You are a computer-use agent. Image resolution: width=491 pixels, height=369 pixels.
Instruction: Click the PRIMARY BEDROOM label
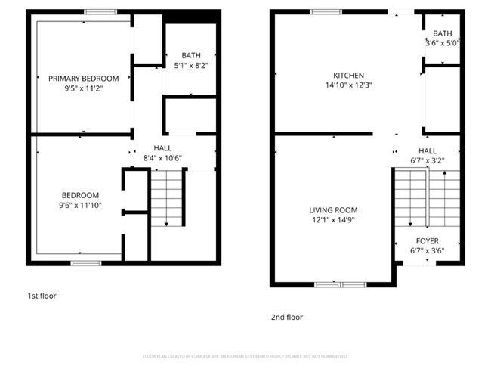pyautogui.click(x=84, y=78)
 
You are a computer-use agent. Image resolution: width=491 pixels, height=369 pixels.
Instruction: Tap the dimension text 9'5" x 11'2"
pyautogui.click(x=84, y=88)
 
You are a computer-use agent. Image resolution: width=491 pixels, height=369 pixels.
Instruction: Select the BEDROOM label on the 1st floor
pyautogui.click(x=79, y=195)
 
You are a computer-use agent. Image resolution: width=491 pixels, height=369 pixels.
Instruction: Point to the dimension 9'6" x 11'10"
pyautogui.click(x=80, y=205)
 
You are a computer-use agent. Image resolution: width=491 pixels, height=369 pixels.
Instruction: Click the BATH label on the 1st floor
pyautogui.click(x=190, y=55)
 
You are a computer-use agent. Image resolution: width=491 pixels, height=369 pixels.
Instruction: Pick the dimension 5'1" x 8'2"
pyautogui.click(x=190, y=66)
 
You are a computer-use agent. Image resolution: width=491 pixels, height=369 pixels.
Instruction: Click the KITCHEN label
pyautogui.click(x=349, y=76)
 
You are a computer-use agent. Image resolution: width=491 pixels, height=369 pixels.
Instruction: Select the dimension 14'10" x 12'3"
pyautogui.click(x=349, y=85)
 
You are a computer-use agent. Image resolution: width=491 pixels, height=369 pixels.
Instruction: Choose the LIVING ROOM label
pyautogui.click(x=333, y=210)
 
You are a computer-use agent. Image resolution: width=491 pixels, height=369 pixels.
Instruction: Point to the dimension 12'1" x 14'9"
pyautogui.click(x=333, y=220)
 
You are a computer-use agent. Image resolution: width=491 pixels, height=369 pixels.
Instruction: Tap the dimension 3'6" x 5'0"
pyautogui.click(x=443, y=43)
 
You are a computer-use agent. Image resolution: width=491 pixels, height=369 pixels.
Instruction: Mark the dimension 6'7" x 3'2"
pyautogui.click(x=427, y=160)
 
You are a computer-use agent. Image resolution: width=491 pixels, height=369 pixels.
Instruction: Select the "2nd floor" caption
pyautogui.click(x=287, y=318)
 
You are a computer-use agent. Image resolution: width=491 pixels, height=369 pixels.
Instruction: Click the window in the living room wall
pyautogui.click(x=340, y=284)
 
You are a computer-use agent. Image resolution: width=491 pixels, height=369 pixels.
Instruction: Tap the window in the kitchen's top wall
pyautogui.click(x=326, y=11)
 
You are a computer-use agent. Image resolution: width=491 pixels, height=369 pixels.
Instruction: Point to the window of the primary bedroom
pyautogui.click(x=100, y=11)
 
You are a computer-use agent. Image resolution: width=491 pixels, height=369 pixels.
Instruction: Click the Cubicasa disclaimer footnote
pyautogui.click(x=246, y=356)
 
